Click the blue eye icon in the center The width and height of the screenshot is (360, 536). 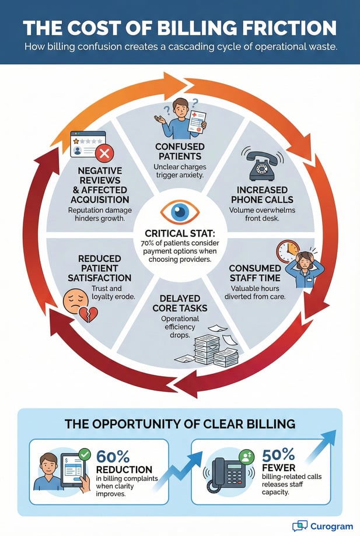180,212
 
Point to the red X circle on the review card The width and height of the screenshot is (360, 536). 106,154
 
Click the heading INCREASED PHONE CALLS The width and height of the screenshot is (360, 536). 263,195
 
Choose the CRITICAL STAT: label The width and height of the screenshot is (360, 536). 180,234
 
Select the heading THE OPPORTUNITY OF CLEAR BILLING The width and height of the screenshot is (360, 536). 180,423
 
